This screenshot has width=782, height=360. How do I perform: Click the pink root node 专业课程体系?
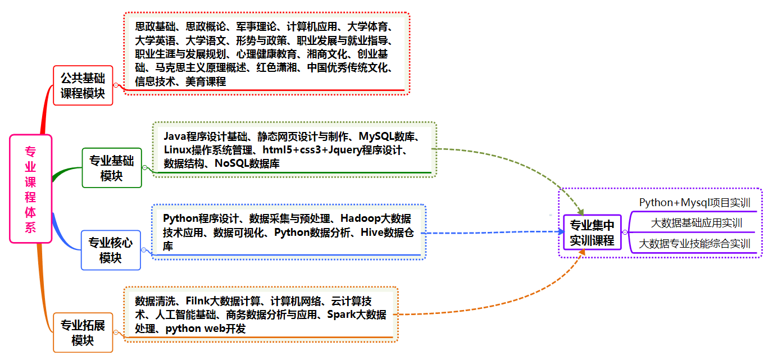click(x=30, y=189)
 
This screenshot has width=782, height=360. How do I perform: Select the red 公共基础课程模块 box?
click(x=83, y=85)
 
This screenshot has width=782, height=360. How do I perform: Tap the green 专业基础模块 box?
click(x=112, y=168)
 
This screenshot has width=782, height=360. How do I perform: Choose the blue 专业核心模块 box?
click(x=111, y=250)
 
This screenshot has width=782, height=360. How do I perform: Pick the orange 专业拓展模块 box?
click(x=83, y=332)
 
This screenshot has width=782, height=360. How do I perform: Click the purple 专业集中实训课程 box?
click(x=592, y=233)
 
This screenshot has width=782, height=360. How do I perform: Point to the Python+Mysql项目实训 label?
click(x=694, y=202)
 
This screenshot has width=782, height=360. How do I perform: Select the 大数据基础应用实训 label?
click(x=696, y=223)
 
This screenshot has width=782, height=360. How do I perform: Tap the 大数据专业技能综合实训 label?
click(x=695, y=244)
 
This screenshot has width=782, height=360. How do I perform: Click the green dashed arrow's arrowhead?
click(x=581, y=208)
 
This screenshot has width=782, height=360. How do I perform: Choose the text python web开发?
click(x=206, y=329)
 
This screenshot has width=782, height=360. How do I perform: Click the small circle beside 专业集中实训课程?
click(x=625, y=233)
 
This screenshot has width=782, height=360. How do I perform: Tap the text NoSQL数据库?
click(x=247, y=163)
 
